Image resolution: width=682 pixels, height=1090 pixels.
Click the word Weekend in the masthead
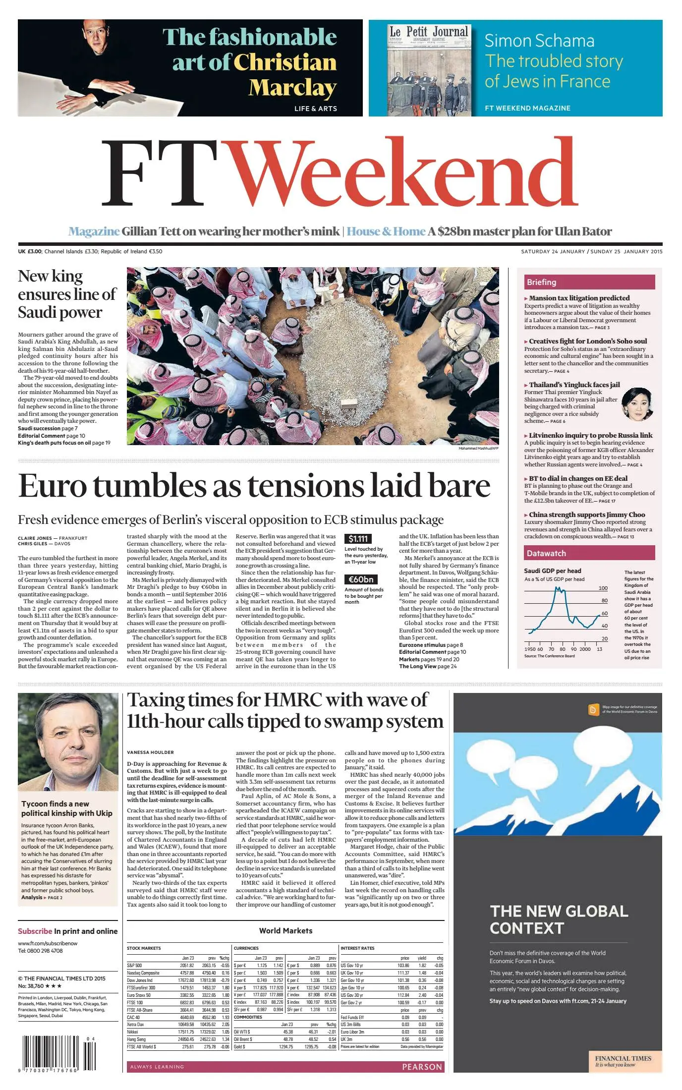click(404, 173)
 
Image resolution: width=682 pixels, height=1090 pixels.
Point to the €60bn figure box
click(361, 579)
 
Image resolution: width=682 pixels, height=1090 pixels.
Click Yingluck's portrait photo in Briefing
click(637, 404)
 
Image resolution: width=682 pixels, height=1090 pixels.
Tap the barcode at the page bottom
click(55, 1054)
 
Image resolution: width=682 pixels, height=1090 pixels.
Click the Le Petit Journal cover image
click(429, 69)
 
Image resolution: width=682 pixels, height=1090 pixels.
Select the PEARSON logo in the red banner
click(421, 1067)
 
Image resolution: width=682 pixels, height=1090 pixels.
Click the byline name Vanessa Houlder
click(150, 752)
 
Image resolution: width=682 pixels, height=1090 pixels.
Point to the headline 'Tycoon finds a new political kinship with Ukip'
click(67, 808)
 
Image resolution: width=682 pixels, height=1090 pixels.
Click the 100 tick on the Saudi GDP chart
click(603, 588)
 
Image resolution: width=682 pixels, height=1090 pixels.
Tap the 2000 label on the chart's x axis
click(585, 649)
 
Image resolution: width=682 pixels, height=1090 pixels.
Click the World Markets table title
click(285, 931)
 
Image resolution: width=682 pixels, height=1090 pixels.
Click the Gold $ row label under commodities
click(240, 1047)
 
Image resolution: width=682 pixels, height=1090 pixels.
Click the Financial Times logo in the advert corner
click(623, 1061)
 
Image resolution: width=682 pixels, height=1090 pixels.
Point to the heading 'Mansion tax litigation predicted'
click(579, 298)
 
